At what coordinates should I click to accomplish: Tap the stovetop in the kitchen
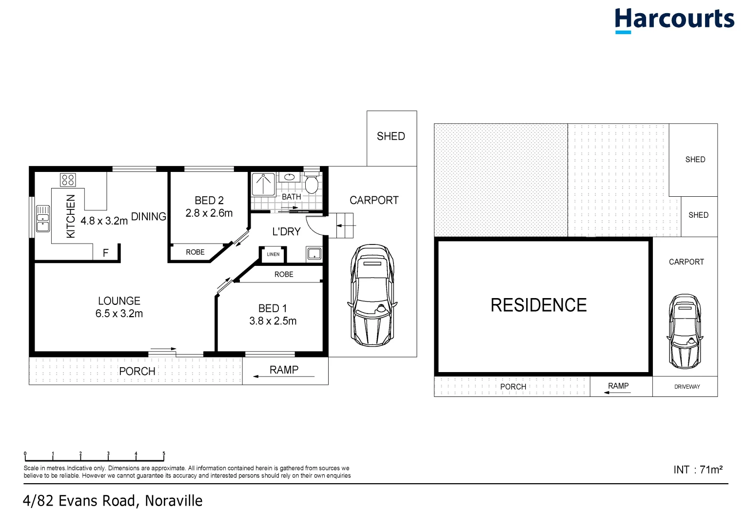coord(68,180)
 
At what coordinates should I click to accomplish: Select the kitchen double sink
coord(43,219)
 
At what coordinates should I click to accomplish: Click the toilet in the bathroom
coord(312,184)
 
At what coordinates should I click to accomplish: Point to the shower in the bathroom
coord(263,184)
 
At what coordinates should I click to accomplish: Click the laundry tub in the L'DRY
coord(314,254)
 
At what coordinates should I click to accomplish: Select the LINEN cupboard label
coord(273,254)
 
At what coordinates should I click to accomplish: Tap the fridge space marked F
coord(106,253)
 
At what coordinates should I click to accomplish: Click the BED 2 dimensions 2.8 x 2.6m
coord(209,213)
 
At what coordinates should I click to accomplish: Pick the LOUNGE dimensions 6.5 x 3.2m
coord(119,314)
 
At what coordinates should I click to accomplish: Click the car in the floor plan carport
coord(372,296)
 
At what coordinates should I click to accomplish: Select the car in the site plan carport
coord(685,331)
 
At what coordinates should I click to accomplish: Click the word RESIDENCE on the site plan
coord(538,305)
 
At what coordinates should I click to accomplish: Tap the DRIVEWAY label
coord(687,387)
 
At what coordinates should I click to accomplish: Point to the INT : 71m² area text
coord(698,470)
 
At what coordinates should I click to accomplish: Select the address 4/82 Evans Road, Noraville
coord(113,501)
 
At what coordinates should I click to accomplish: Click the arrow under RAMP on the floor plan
coord(283,376)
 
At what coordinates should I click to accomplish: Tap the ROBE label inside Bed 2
coord(195,252)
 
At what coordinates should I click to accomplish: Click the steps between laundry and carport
coord(344,225)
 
